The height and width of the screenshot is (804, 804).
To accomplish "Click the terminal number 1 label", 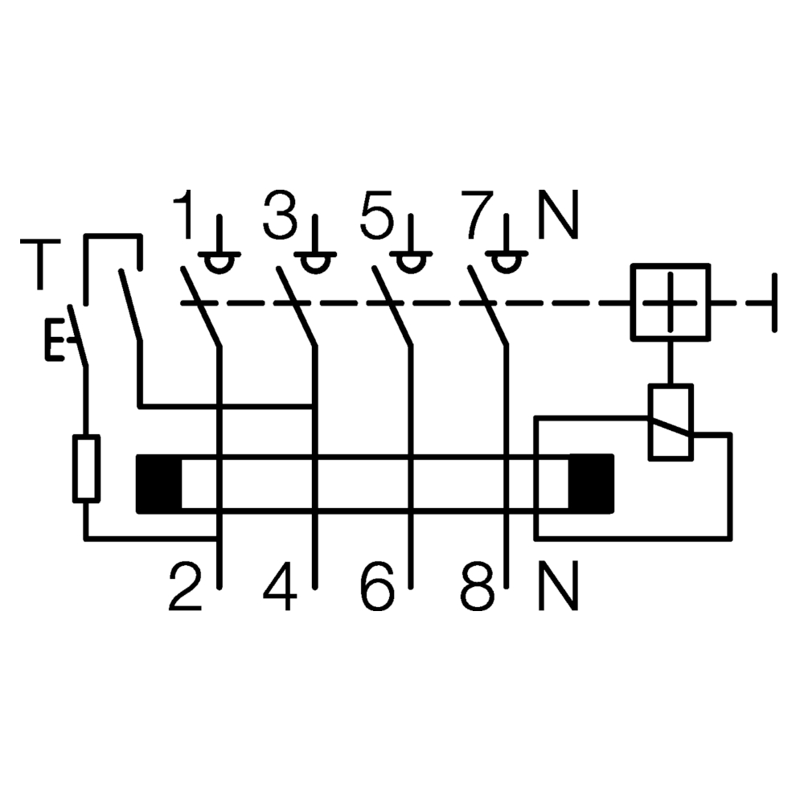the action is pyautogui.click(x=184, y=215).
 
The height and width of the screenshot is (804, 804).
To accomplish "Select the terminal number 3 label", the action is pyautogui.click(x=280, y=215).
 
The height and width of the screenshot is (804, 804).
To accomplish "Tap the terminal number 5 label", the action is pyautogui.click(x=377, y=215).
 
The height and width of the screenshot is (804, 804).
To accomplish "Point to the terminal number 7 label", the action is pyautogui.click(x=476, y=215).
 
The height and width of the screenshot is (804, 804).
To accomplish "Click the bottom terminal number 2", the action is pyautogui.click(x=185, y=586).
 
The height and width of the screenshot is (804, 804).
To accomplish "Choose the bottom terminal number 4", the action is pyautogui.click(x=280, y=586).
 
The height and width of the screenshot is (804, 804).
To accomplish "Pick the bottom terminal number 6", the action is pyautogui.click(x=377, y=586).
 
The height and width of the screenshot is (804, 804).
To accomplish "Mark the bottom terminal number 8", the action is pyautogui.click(x=478, y=586).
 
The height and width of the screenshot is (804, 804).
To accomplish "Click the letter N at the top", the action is pyautogui.click(x=559, y=215).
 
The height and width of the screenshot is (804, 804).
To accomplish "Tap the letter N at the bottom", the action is pyautogui.click(x=559, y=586).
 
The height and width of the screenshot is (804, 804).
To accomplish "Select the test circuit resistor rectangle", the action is pyautogui.click(x=86, y=468).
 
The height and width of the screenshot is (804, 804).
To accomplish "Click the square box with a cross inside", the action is pyautogui.click(x=671, y=302).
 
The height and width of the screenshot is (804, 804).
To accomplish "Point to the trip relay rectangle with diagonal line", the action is pyautogui.click(x=671, y=423).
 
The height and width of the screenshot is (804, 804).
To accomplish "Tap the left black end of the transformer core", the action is pyautogui.click(x=159, y=483).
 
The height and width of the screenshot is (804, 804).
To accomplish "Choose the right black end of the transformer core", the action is pyautogui.click(x=591, y=483).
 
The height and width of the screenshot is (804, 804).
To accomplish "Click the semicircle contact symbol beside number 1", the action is pyautogui.click(x=219, y=263).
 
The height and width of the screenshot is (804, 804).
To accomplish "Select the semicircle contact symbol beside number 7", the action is pyautogui.click(x=507, y=263).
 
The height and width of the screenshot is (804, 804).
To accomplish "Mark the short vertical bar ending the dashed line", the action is pyautogui.click(x=774, y=302).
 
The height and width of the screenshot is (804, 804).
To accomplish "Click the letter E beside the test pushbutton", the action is pyautogui.click(x=55, y=339).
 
